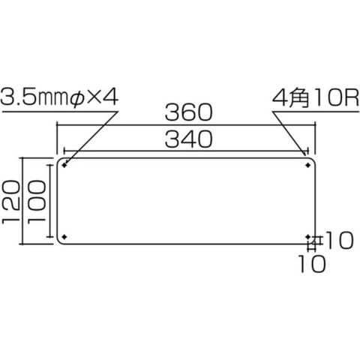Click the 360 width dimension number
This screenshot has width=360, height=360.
189,112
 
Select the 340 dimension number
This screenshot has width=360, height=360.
189,139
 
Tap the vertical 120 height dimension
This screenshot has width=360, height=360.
10,202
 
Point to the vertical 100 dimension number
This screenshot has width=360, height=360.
37,202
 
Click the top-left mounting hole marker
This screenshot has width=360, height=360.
64,165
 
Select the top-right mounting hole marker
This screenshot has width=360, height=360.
308,165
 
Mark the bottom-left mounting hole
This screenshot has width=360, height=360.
64,236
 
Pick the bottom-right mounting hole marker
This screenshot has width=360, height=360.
308,236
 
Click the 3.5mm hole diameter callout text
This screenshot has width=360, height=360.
34,97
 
